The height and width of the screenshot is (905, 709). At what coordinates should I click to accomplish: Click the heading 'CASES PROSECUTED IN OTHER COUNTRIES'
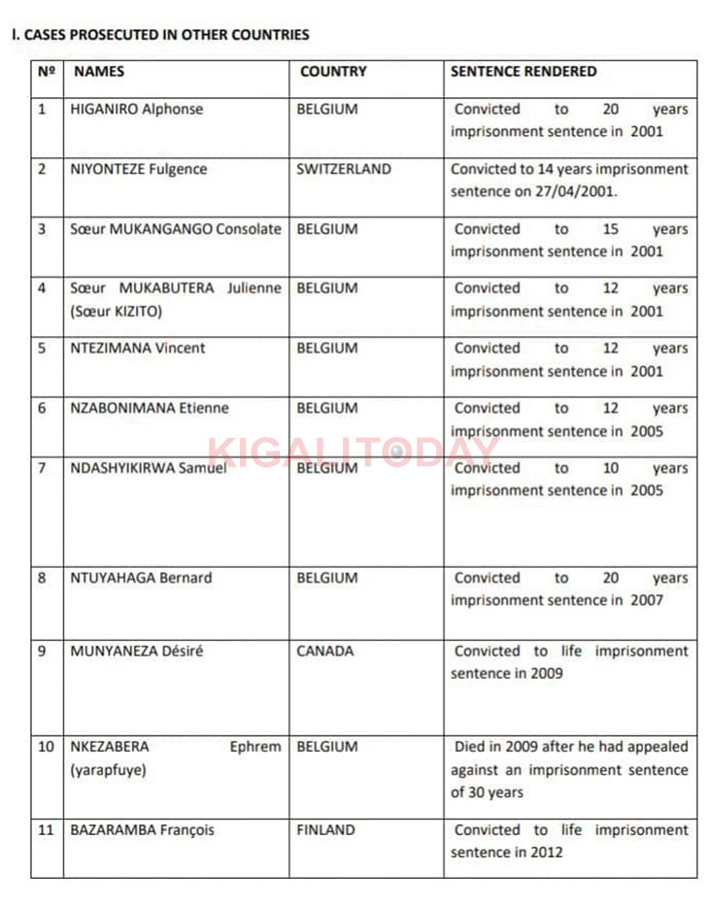coord(165,35)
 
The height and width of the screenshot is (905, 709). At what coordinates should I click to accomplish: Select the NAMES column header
coord(99,72)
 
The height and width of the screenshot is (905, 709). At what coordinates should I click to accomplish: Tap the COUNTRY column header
coord(332,72)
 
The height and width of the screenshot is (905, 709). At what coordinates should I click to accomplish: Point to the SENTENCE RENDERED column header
coord(523,72)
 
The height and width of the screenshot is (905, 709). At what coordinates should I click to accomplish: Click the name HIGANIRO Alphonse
coord(137,109)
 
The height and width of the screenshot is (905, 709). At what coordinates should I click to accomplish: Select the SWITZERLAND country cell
coord(344,169)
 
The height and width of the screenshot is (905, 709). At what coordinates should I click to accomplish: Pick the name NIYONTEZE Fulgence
coord(139,169)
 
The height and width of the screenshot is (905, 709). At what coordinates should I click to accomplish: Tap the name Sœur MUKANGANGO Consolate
coord(176,229)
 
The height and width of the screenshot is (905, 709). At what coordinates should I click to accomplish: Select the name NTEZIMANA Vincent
coord(138,349)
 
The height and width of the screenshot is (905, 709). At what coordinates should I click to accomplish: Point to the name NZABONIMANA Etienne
coord(150,408)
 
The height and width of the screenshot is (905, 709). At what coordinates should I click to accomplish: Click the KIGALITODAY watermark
coord(354,452)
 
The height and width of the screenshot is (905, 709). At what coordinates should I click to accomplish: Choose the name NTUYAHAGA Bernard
coord(141,578)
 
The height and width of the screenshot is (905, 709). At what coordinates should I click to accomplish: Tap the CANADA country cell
coord(325,651)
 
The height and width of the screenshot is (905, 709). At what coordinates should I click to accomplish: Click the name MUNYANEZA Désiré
coord(137,651)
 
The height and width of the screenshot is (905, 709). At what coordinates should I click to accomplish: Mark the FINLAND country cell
coord(326,830)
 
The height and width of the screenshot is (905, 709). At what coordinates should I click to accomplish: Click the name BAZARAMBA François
coord(143,830)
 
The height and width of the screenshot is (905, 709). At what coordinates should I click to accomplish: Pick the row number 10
coord(47,747)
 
